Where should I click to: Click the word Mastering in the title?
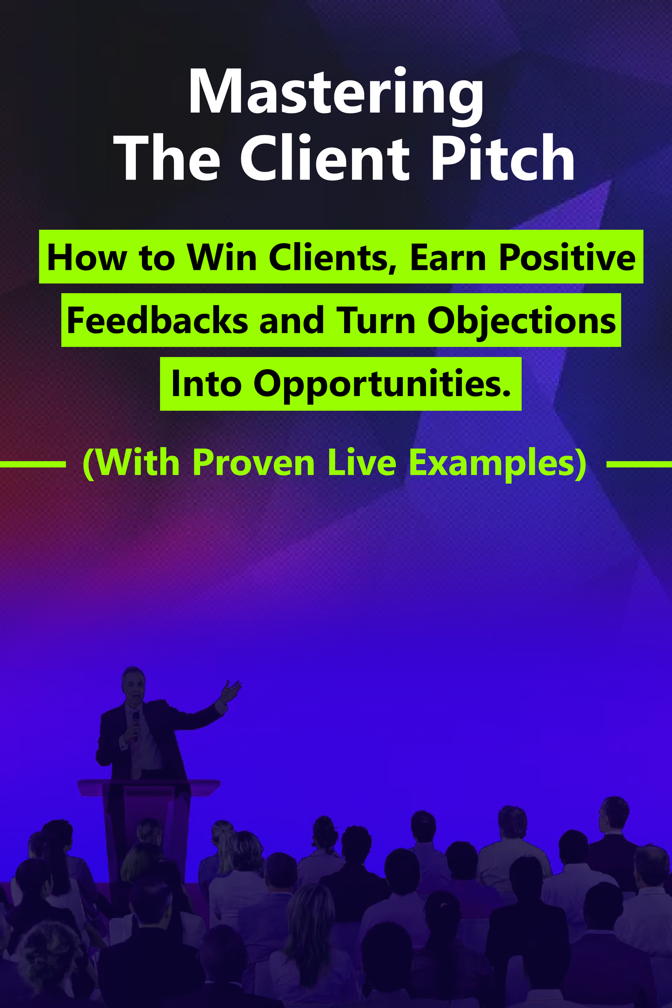pyautogui.click(x=336, y=92)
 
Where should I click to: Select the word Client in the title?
pyautogui.click(x=324, y=158)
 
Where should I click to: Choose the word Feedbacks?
pyautogui.click(x=157, y=321)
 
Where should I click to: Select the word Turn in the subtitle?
pyautogui.click(x=376, y=321)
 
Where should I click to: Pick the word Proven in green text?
pyautogui.click(x=254, y=463)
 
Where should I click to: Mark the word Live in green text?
pyautogui.click(x=362, y=463)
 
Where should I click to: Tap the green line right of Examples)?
pyautogui.click(x=639, y=464)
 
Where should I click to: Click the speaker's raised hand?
pyautogui.click(x=230, y=691)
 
